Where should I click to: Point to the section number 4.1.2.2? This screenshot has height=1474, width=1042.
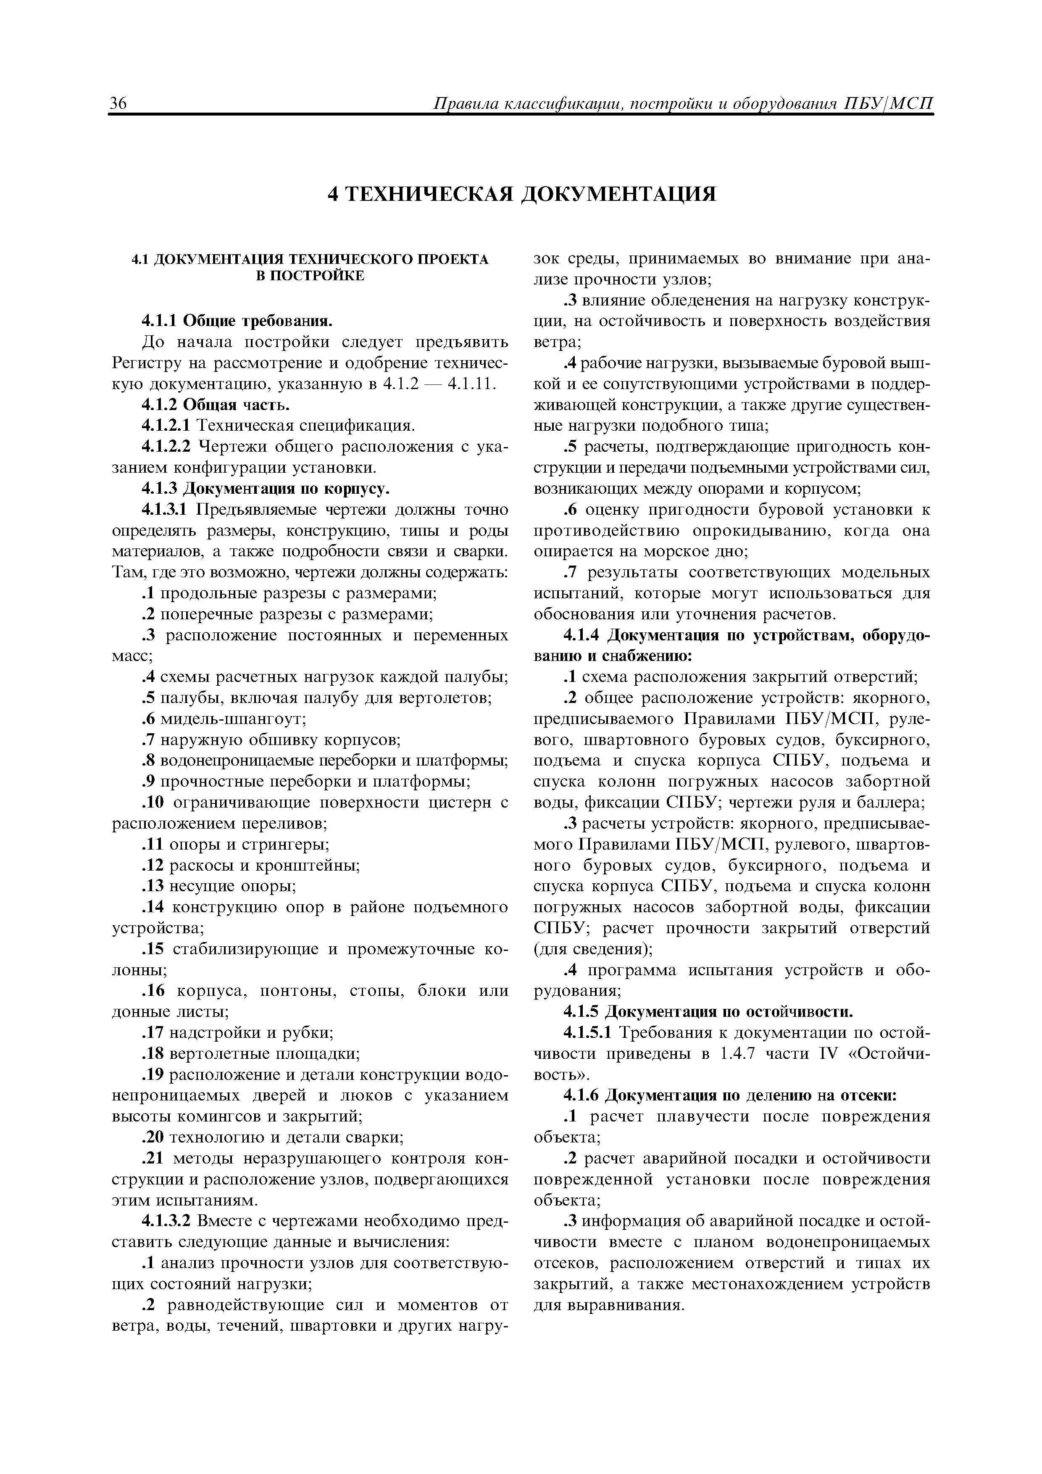pos(167,446)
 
